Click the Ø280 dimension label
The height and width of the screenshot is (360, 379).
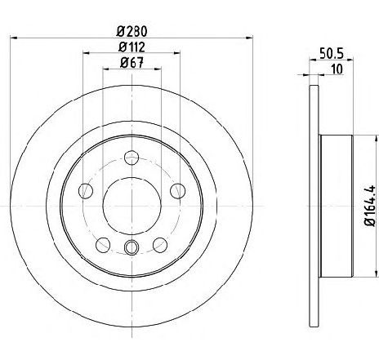click(132, 31)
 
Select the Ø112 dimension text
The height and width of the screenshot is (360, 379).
click(132, 47)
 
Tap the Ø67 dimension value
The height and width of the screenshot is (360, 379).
click(132, 63)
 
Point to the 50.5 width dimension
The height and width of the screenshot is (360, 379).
click(332, 53)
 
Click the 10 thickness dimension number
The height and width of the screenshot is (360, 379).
click(337, 69)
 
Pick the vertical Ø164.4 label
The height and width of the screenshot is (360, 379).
click(371, 206)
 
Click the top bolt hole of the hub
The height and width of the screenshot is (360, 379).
click(132, 158)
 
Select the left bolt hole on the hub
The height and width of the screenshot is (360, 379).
click(86, 191)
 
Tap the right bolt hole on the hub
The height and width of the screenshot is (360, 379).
click(177, 191)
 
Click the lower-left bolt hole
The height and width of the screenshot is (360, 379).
click(103, 245)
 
